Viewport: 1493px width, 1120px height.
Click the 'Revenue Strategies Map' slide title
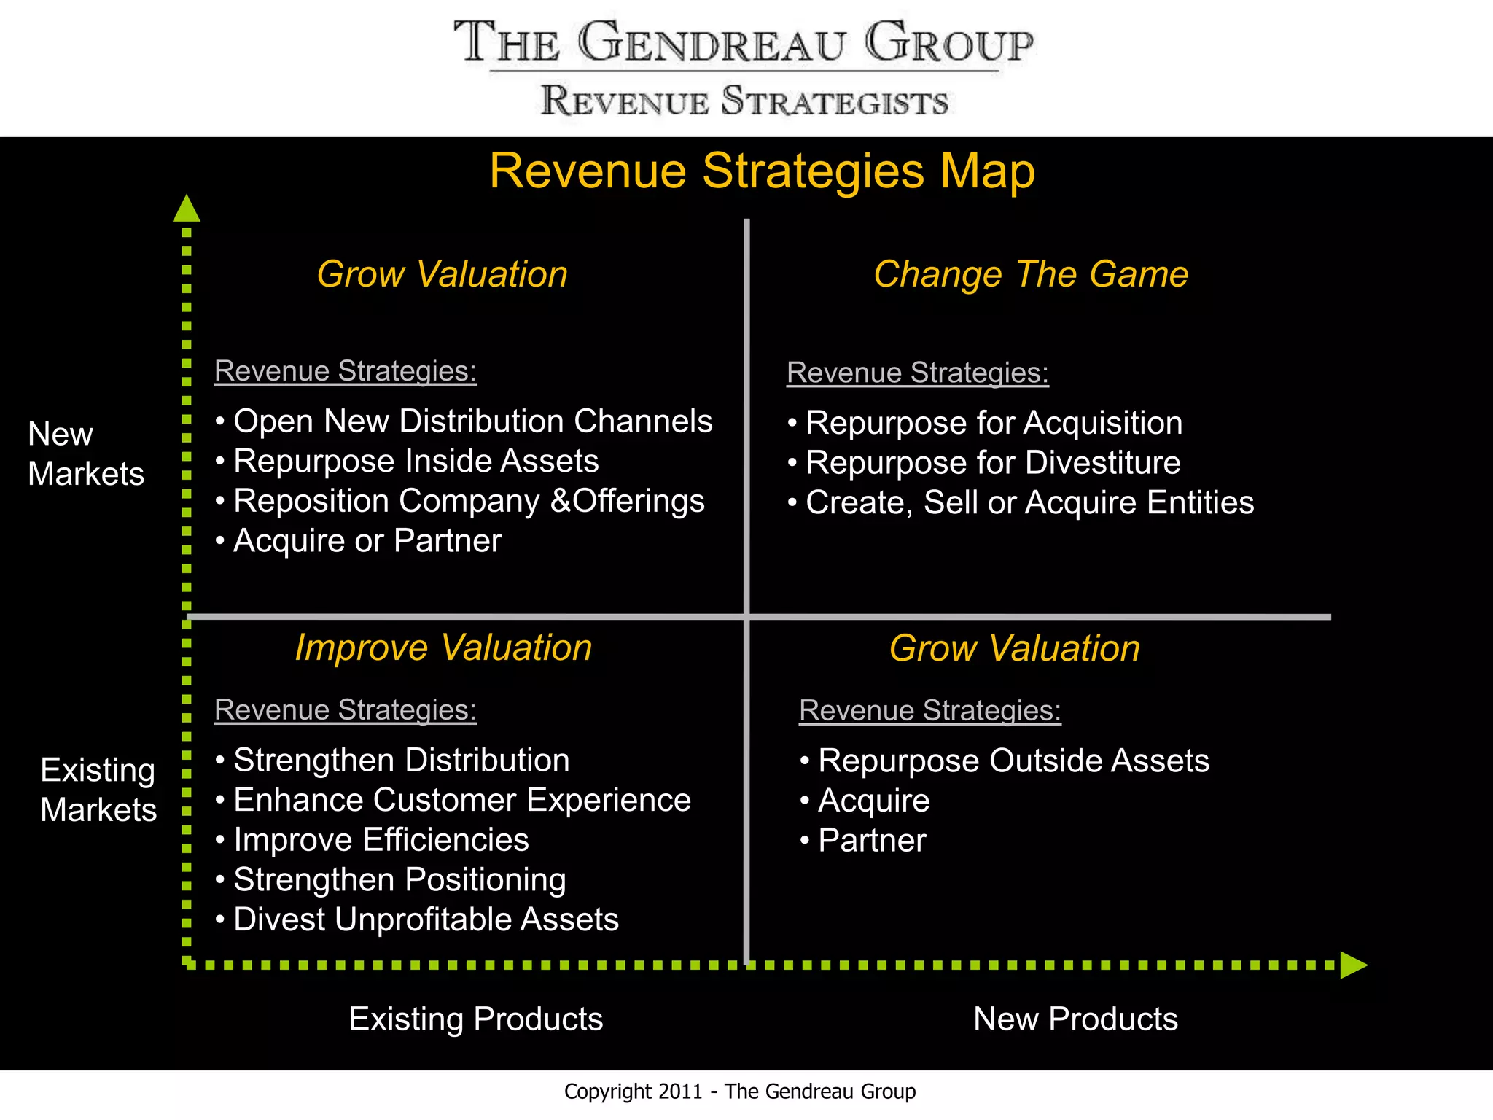(x=762, y=171)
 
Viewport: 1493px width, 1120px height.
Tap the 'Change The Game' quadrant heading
(x=1031, y=275)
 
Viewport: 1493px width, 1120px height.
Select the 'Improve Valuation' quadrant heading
(x=443, y=647)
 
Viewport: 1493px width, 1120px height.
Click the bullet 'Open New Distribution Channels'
(x=472, y=421)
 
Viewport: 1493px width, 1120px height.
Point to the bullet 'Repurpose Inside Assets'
(x=416, y=462)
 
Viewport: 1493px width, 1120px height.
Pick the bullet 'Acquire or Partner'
(x=367, y=541)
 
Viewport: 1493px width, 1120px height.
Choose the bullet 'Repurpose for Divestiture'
(x=993, y=463)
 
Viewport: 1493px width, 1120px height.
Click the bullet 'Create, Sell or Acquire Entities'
(x=1029, y=503)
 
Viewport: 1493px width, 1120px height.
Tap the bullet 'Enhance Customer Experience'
(x=461, y=801)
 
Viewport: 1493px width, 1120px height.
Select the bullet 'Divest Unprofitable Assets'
(x=426, y=920)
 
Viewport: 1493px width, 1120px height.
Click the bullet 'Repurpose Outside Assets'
(x=1013, y=761)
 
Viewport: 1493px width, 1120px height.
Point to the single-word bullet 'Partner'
(x=872, y=841)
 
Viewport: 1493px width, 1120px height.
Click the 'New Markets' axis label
(x=85, y=454)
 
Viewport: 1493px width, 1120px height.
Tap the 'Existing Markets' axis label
(x=98, y=790)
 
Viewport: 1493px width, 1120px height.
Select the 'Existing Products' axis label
(x=475, y=1019)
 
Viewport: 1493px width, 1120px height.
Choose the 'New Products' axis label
(x=1075, y=1019)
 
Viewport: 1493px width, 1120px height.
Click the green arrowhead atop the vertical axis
(x=187, y=209)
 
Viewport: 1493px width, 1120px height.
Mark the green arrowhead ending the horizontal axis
(x=1353, y=965)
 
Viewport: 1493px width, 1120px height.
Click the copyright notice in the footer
(x=739, y=1092)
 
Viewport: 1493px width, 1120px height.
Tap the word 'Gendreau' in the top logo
(x=712, y=44)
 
